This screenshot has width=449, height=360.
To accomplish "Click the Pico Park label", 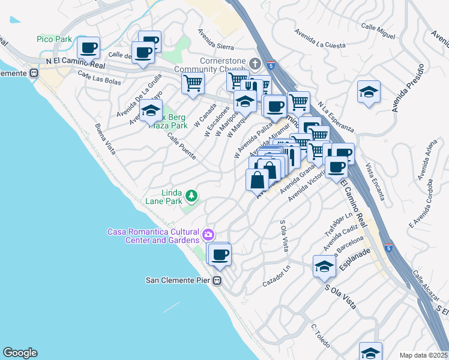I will [54, 39].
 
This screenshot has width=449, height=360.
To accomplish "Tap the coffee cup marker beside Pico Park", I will [88, 47].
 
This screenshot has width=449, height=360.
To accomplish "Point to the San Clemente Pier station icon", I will [217, 280].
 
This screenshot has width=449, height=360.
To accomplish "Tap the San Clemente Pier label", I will [179, 280].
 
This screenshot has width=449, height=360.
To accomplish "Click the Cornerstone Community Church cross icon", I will [255, 64].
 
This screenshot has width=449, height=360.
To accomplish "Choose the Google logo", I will [20, 353].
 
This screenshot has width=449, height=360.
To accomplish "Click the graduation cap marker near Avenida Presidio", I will [369, 92].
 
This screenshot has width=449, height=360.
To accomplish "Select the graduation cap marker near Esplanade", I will [324, 266].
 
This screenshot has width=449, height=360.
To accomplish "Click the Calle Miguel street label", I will [378, 31].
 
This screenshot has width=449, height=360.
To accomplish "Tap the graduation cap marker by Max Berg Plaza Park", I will [151, 112].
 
